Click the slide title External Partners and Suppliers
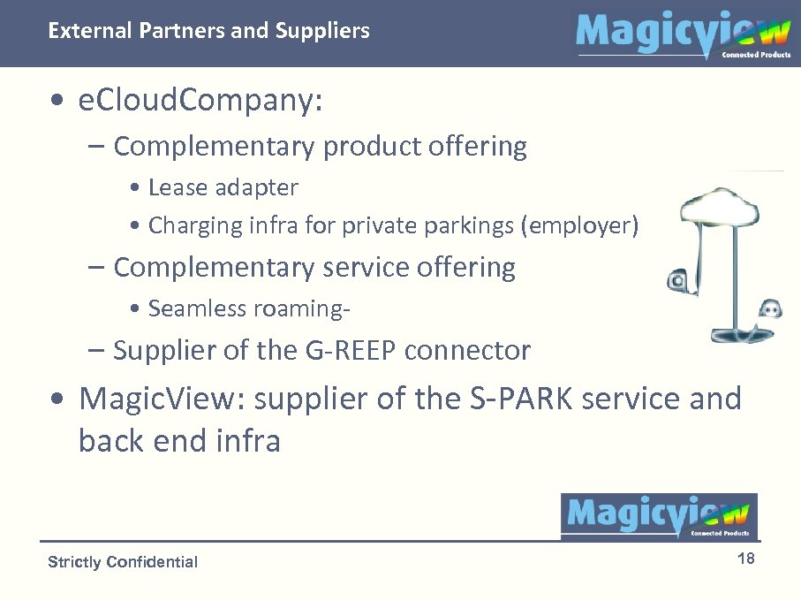[x=208, y=31]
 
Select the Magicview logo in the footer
[x=659, y=516]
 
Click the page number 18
[x=745, y=559]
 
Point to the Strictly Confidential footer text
[x=123, y=562]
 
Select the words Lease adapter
[x=223, y=187]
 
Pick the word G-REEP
[x=350, y=351]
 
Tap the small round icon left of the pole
[x=677, y=281]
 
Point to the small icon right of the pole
[x=770, y=308]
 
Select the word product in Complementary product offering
[x=372, y=146]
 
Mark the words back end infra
[x=179, y=440]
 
